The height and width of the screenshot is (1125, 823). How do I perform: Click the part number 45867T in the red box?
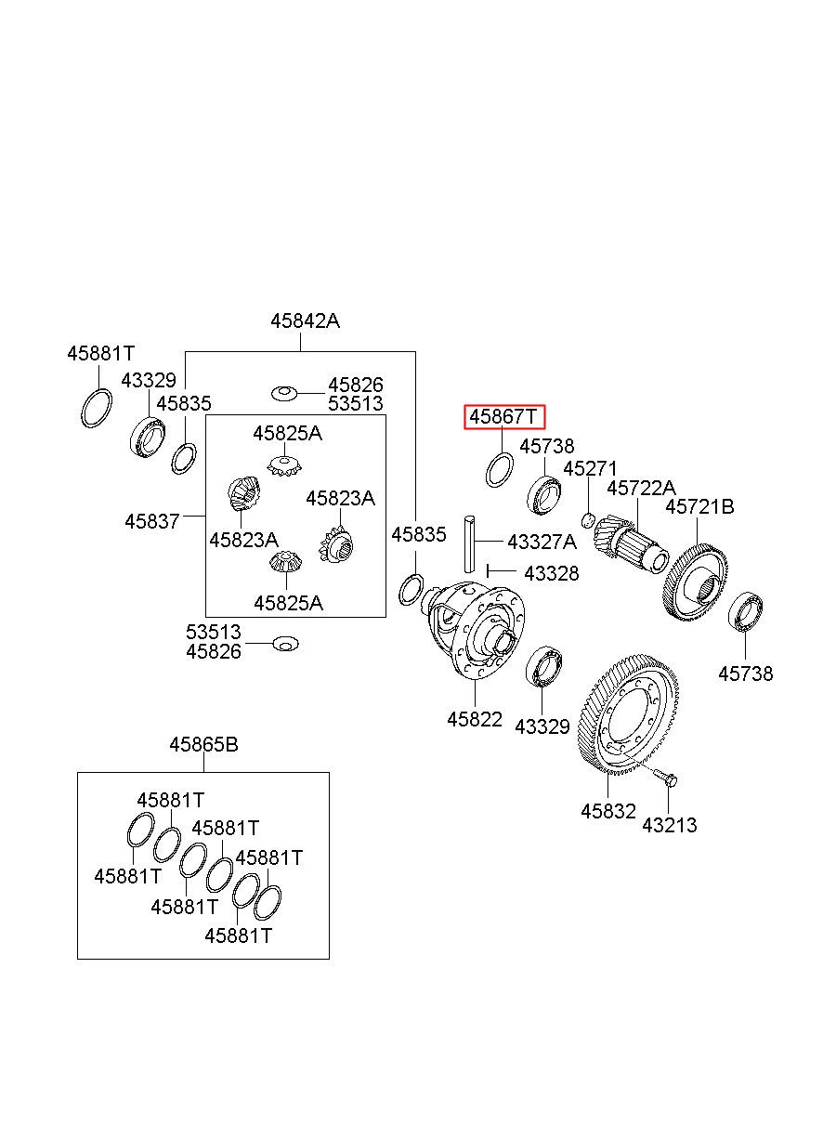pyautogui.click(x=503, y=416)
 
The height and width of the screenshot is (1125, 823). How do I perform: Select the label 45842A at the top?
pyautogui.click(x=305, y=320)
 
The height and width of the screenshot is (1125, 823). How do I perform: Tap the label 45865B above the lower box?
pyautogui.click(x=203, y=744)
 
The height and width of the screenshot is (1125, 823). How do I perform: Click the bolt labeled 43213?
pyautogui.click(x=667, y=779)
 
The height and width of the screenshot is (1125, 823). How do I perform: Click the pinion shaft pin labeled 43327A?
pyautogui.click(x=469, y=543)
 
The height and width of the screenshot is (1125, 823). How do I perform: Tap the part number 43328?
pyautogui.click(x=552, y=573)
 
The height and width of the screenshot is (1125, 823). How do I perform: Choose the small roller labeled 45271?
pyautogui.click(x=588, y=520)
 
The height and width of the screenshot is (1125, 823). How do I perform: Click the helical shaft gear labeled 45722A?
pyautogui.click(x=632, y=543)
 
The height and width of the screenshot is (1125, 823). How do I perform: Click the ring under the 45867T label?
pyautogui.click(x=500, y=469)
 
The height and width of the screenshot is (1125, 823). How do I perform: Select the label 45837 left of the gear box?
pyautogui.click(x=151, y=521)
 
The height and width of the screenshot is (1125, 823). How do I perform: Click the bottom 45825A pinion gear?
pyautogui.click(x=285, y=562)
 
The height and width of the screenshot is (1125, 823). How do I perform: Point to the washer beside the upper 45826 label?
pyautogui.click(x=284, y=393)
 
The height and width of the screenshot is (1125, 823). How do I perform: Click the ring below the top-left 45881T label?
pyautogui.click(x=97, y=408)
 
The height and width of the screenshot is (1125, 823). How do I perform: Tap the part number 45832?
pyautogui.click(x=608, y=811)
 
